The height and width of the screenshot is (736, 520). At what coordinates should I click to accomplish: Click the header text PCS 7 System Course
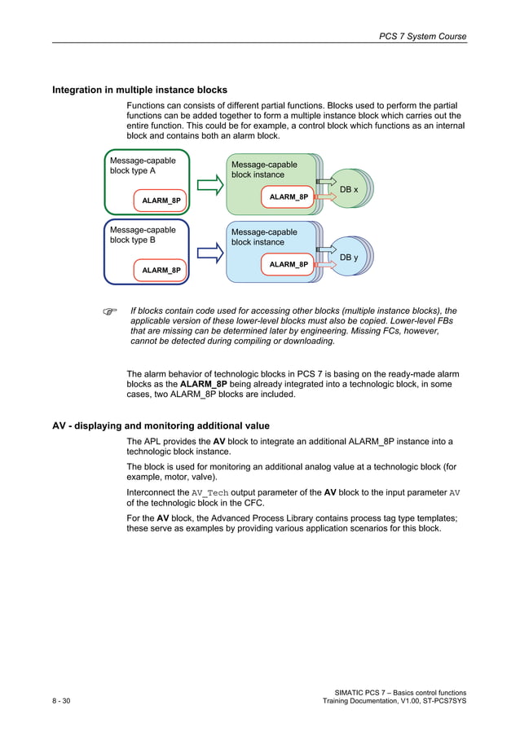tap(423, 37)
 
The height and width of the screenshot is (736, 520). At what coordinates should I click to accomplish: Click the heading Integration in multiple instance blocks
tap(139, 90)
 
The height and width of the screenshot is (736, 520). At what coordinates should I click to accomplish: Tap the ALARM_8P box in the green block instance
tap(289, 196)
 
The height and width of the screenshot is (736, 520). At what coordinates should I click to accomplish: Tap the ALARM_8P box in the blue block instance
tap(289, 264)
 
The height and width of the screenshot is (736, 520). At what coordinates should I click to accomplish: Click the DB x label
tap(349, 189)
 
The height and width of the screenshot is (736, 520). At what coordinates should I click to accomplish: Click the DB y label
tap(349, 258)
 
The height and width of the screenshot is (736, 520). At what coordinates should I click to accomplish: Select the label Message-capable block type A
tap(143, 166)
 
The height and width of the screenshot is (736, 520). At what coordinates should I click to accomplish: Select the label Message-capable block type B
tap(143, 235)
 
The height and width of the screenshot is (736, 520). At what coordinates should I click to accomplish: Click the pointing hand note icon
tap(110, 311)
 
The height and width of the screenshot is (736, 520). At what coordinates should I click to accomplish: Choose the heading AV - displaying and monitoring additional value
tap(161, 425)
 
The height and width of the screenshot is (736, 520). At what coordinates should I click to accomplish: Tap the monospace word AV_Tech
tap(210, 493)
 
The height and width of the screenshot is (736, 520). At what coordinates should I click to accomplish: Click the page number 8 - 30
tap(61, 702)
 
